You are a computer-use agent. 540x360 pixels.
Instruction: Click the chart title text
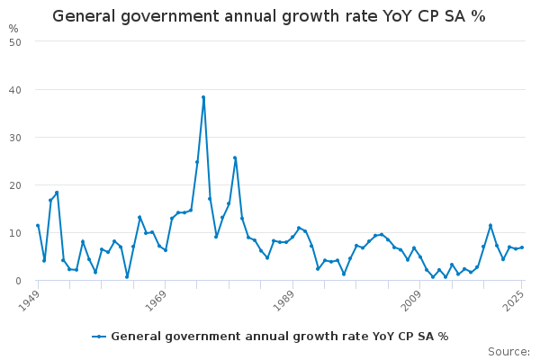[269, 16]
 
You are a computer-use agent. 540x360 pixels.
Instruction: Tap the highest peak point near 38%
[203, 97]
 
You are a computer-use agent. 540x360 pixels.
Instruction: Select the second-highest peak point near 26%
[235, 157]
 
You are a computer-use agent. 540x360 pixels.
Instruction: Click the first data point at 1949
[38, 226]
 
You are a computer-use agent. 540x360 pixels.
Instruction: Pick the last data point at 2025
[522, 247]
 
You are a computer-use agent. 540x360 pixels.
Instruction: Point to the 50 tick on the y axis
[15, 41]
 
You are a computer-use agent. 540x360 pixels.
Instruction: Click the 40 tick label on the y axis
[15, 89]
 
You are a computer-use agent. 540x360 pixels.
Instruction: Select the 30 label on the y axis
[15, 137]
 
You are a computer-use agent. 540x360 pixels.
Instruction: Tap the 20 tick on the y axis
[15, 184]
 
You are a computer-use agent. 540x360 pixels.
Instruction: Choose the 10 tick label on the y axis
[15, 232]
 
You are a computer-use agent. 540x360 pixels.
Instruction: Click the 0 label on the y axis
[18, 280]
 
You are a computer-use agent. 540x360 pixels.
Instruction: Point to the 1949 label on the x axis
[30, 297]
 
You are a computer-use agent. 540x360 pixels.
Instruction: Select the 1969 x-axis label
[157, 297]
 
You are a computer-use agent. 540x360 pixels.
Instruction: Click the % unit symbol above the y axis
[13, 29]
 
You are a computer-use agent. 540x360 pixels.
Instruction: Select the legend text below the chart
[279, 337]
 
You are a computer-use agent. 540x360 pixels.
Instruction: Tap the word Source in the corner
[508, 351]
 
